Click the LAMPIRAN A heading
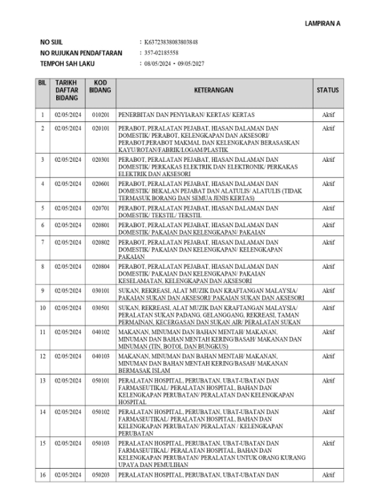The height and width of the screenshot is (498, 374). (322, 23)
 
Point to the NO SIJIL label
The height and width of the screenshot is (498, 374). (52, 42)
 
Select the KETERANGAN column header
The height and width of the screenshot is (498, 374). (213, 91)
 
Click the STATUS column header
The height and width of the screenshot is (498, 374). (328, 91)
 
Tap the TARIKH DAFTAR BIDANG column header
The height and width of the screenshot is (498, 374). (66, 91)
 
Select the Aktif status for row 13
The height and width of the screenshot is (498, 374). (328, 380)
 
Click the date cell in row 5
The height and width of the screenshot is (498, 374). (66, 209)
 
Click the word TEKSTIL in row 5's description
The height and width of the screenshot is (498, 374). (192, 214)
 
